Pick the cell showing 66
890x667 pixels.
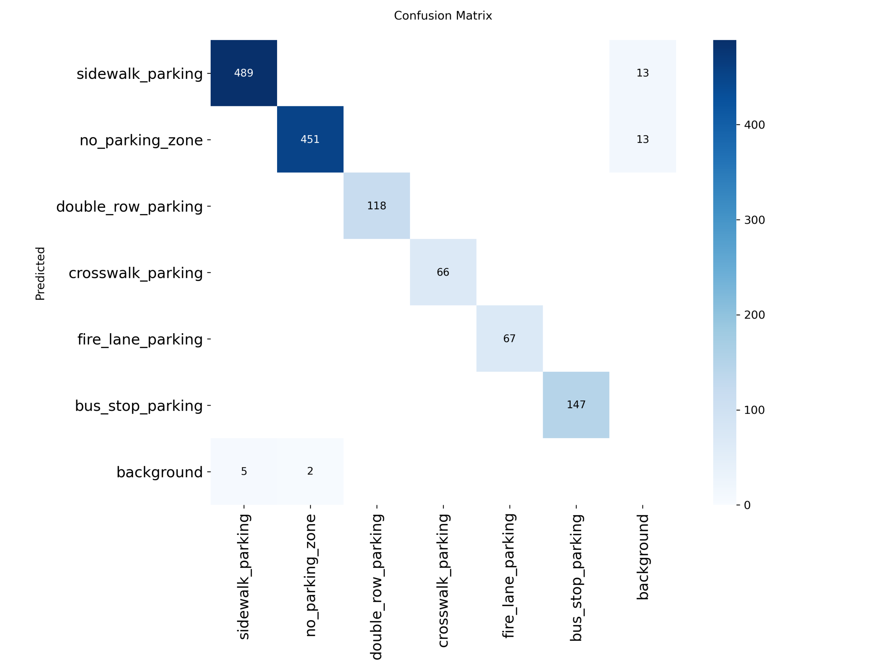443,272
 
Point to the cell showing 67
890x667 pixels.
509,338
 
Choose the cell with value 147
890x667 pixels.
576,404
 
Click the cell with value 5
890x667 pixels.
243,471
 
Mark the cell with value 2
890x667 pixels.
310,471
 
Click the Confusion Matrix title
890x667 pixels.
443,16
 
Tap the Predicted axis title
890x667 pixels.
40,273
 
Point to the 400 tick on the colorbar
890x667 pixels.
754,125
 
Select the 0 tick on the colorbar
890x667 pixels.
747,505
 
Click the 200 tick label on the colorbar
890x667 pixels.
754,315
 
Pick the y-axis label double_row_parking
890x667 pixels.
129,207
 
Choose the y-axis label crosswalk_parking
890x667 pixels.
136,273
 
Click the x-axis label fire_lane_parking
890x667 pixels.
509,576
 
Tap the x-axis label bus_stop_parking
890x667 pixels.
576,577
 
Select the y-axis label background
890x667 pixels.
159,472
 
